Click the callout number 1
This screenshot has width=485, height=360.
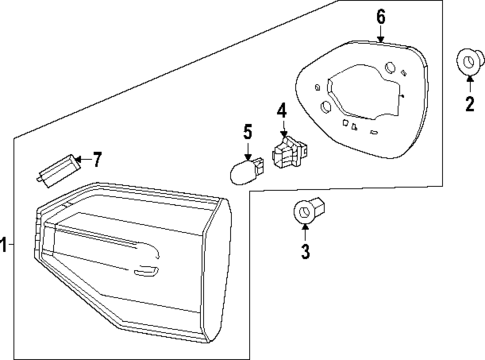5,244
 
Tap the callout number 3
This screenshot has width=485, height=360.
306,250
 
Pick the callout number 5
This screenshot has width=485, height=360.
247,130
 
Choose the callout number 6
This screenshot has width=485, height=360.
380,16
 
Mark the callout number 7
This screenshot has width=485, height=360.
97,158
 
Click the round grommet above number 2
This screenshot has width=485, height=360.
467,61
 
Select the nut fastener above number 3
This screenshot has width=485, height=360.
305,212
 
